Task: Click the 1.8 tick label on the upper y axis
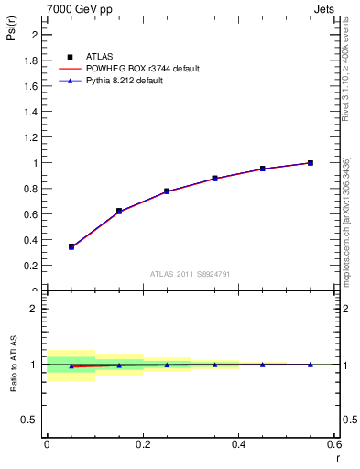(32, 60)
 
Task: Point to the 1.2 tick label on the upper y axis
(32, 137)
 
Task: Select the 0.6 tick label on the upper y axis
(32, 214)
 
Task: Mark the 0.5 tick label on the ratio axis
(32, 420)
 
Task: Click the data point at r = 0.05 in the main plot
(71, 246)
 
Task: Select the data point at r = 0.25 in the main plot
(167, 191)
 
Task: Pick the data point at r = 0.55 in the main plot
(311, 163)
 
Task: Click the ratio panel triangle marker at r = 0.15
(119, 365)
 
